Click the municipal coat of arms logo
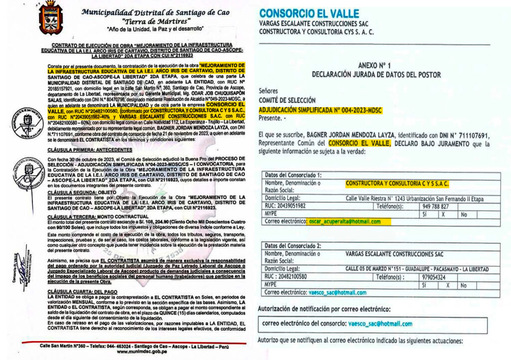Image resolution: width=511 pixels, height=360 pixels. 50,18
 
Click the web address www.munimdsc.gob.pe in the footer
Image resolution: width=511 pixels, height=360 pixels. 142,352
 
